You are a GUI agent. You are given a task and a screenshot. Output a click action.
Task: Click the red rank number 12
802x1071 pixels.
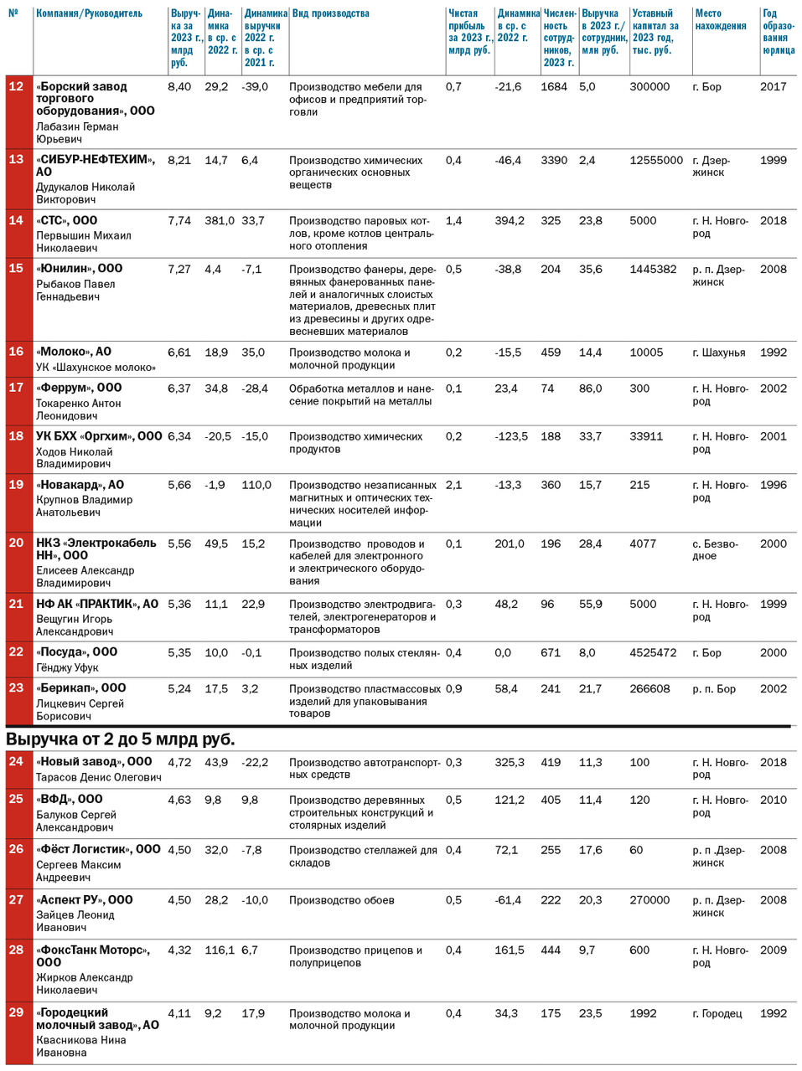pyautogui.click(x=16, y=86)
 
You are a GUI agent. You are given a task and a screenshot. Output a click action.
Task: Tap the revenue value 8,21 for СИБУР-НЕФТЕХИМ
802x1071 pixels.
pyautogui.click(x=179, y=160)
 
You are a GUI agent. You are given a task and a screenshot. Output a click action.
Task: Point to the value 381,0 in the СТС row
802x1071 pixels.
pyautogui.click(x=220, y=220)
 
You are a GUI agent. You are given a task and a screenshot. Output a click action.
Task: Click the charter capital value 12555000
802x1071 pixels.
pyautogui.click(x=656, y=160)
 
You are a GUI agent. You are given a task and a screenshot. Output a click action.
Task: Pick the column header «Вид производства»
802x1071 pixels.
pyautogui.click(x=329, y=14)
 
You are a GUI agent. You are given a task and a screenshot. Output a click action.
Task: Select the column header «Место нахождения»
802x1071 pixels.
pyautogui.click(x=720, y=20)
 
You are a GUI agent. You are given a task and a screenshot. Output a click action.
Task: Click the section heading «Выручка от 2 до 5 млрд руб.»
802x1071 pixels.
pyautogui.click(x=121, y=739)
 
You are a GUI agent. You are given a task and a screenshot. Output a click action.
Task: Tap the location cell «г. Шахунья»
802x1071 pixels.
pyautogui.click(x=718, y=353)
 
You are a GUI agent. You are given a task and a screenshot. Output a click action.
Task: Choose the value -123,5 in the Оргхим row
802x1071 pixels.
pyautogui.click(x=511, y=436)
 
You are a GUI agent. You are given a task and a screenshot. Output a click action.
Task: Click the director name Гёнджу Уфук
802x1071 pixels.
pyautogui.click(x=67, y=667)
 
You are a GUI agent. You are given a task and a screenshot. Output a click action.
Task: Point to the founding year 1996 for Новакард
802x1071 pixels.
pyautogui.click(x=773, y=485)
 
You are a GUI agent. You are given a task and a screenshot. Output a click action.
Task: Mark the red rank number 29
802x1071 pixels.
pyautogui.click(x=16, y=1012)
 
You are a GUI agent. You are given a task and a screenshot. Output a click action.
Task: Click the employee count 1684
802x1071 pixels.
pyautogui.click(x=554, y=86)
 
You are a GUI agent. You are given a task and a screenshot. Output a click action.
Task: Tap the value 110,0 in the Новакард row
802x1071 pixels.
pyautogui.click(x=256, y=485)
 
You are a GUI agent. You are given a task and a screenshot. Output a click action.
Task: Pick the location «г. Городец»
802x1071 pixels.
pyautogui.click(x=717, y=1013)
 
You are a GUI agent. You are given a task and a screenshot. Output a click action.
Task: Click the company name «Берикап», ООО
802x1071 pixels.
pyautogui.click(x=80, y=688)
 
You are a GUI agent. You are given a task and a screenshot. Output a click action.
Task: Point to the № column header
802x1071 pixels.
pyautogui.click(x=13, y=14)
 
